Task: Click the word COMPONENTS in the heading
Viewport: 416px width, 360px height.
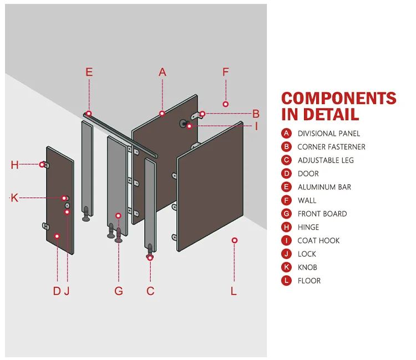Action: pyautogui.click(x=338, y=99)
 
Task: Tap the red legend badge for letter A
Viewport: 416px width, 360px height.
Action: pyautogui.click(x=286, y=133)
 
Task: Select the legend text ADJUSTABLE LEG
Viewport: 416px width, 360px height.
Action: pyautogui.click(x=326, y=160)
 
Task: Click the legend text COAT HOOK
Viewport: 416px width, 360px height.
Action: pyautogui.click(x=318, y=241)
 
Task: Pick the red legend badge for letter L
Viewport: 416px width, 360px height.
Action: pyautogui.click(x=286, y=281)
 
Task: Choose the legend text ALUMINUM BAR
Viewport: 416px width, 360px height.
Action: pyautogui.click(x=324, y=187)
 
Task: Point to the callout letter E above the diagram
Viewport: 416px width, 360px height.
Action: pyautogui.click(x=89, y=72)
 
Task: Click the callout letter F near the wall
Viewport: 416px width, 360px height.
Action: pyautogui.click(x=226, y=72)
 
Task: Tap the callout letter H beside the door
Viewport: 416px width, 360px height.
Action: pyautogui.click(x=14, y=165)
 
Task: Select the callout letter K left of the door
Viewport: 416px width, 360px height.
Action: pyautogui.click(x=14, y=198)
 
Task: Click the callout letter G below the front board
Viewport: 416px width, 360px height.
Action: pyautogui.click(x=119, y=291)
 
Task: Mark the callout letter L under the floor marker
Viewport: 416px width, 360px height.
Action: pyautogui.click(x=234, y=291)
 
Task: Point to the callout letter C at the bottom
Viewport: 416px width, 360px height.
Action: pyautogui.click(x=150, y=291)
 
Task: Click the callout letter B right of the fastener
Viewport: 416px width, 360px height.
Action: pyautogui.click(x=256, y=114)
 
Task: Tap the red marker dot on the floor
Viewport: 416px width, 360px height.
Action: pyautogui.click(x=235, y=240)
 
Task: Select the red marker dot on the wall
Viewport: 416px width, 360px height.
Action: pyautogui.click(x=226, y=104)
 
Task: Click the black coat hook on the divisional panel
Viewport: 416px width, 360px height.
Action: pyautogui.click(x=182, y=123)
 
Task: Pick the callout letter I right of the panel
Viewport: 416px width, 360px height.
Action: pyautogui.click(x=256, y=126)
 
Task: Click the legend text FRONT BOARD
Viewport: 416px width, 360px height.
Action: pyautogui.click(x=322, y=214)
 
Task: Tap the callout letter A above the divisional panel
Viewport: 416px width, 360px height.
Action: pyautogui.click(x=163, y=72)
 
